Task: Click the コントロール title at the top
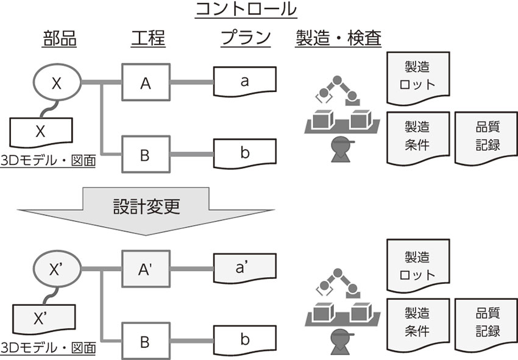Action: coord(246,10)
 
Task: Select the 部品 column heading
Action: coord(59,39)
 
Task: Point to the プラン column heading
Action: coord(246,39)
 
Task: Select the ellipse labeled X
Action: coord(57,83)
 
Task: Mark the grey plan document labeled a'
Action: coord(244,267)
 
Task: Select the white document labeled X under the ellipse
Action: coord(41,131)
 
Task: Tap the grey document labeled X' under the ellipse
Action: coord(41,317)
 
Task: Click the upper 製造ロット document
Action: coord(417,76)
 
